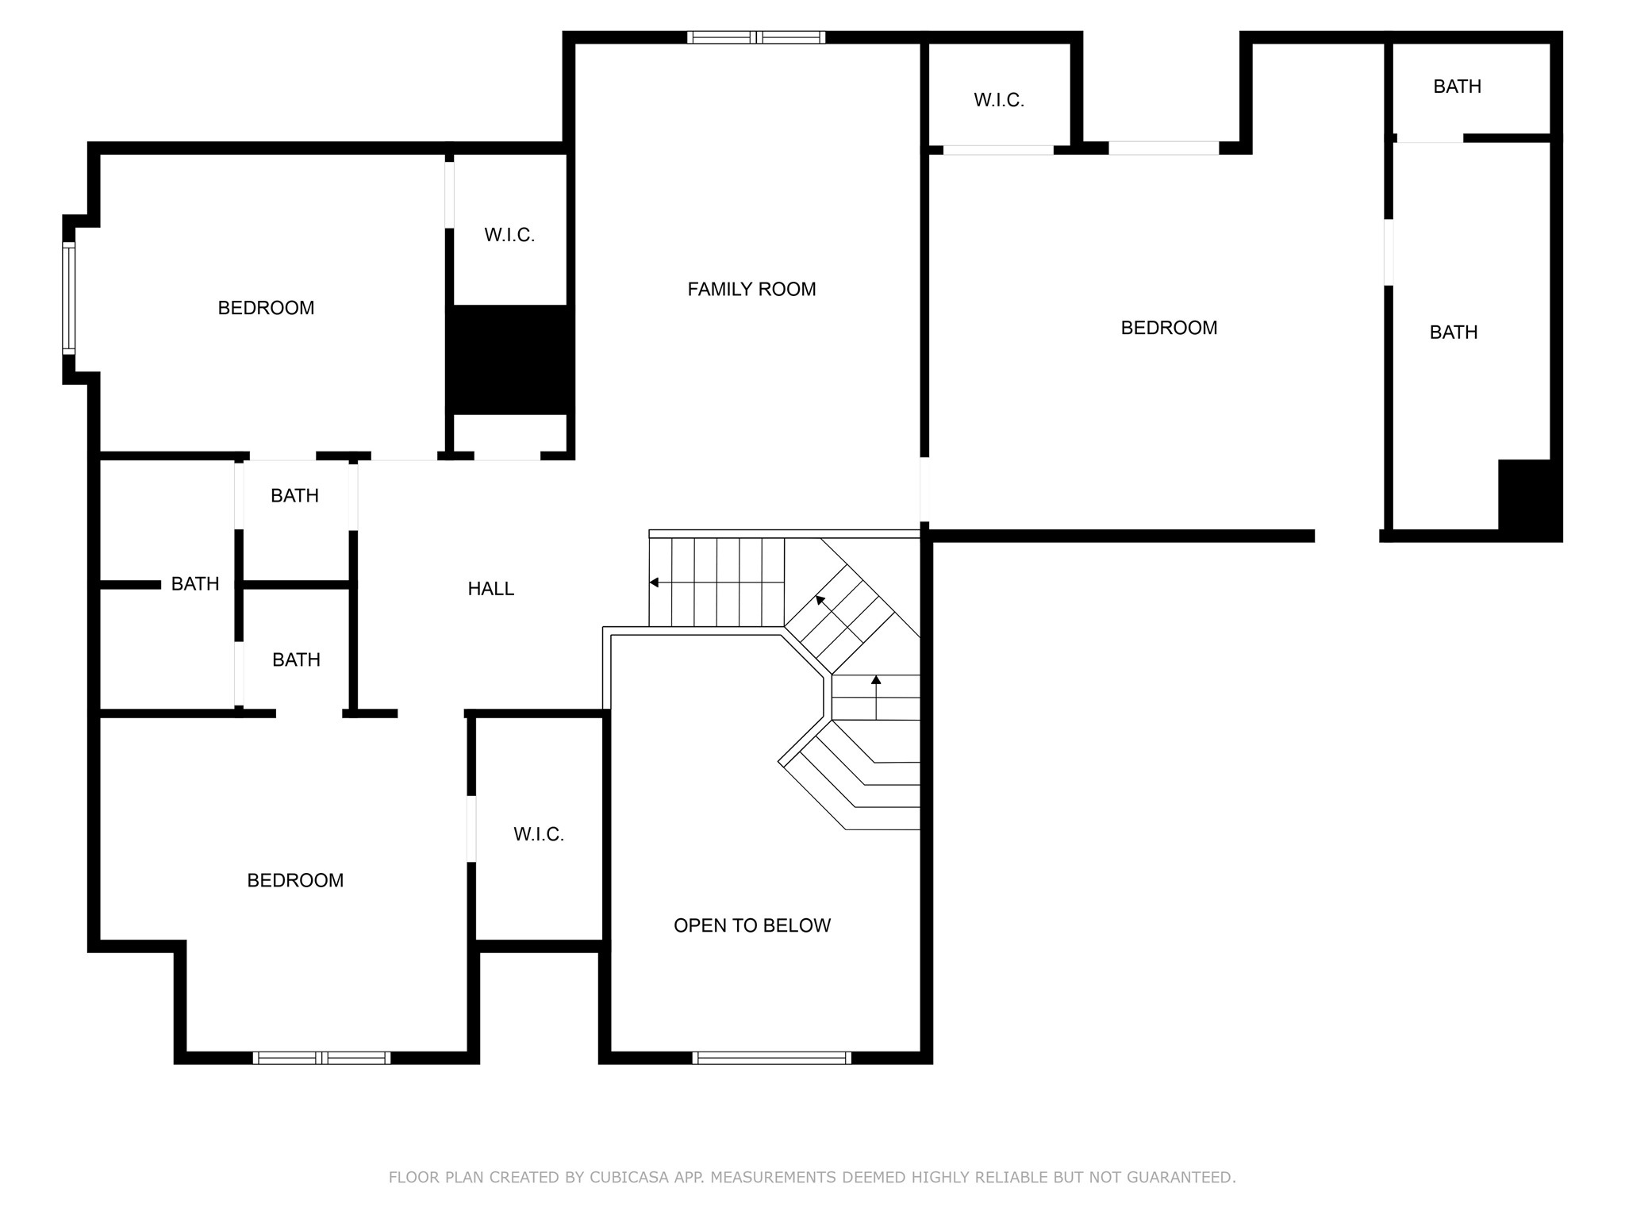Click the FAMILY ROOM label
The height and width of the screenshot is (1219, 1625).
751,290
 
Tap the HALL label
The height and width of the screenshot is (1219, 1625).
490,589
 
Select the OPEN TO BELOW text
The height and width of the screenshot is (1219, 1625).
751,925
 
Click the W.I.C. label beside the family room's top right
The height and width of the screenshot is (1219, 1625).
999,101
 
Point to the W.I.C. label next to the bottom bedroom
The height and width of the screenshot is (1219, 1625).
538,834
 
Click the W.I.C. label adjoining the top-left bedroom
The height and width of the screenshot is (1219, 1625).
509,236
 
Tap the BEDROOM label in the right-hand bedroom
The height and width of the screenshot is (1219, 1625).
1168,328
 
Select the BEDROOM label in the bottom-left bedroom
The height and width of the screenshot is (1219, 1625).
295,880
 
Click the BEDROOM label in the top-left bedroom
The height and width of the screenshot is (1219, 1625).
266,308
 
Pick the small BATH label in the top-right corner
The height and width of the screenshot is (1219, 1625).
1457,87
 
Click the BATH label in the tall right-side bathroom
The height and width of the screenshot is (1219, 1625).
1453,333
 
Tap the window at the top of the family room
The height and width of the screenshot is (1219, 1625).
756,37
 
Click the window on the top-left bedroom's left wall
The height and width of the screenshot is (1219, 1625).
69,298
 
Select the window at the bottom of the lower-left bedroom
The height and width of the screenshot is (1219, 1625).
321,1057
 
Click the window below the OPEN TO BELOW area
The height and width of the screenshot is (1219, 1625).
771,1057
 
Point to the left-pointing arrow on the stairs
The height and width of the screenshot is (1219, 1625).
655,583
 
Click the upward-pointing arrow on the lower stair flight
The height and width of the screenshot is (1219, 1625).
876,681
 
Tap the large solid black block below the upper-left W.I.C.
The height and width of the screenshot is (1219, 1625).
509,360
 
